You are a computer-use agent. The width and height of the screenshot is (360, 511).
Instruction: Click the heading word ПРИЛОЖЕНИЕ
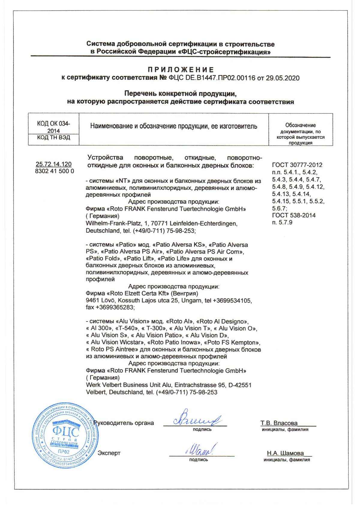(180, 70)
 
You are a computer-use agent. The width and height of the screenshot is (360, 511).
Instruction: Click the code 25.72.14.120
(54, 164)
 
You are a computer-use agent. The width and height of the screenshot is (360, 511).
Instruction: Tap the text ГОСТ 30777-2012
(297, 165)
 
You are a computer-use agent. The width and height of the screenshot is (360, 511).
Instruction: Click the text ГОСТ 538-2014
(293, 215)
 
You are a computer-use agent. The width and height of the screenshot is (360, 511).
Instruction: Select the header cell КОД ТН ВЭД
(54, 138)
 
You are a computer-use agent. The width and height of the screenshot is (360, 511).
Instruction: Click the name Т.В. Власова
(279, 423)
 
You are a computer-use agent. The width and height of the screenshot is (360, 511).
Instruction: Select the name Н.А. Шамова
(285, 453)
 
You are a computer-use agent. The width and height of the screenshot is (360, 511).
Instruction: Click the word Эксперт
(109, 453)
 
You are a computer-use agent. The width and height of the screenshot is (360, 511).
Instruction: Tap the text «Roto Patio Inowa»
(174, 342)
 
